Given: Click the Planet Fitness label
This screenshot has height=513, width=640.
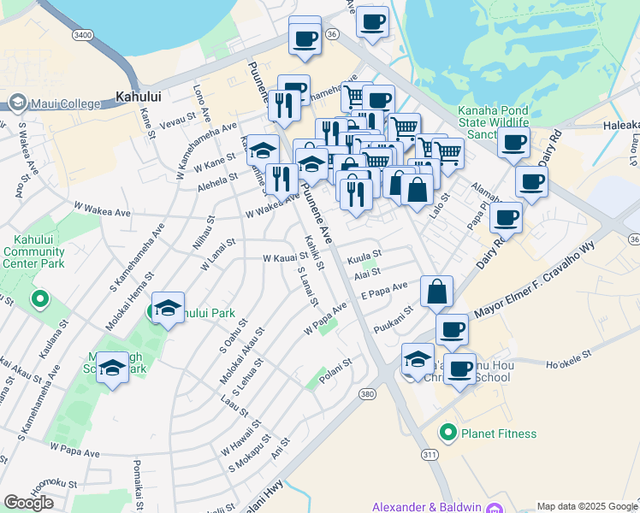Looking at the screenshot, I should click(x=499, y=433).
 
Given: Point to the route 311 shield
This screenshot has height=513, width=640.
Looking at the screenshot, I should click(x=429, y=453).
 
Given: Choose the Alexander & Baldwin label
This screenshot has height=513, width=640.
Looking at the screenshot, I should click(x=425, y=507).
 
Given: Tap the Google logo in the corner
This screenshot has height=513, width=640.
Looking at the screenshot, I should click(x=28, y=503).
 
